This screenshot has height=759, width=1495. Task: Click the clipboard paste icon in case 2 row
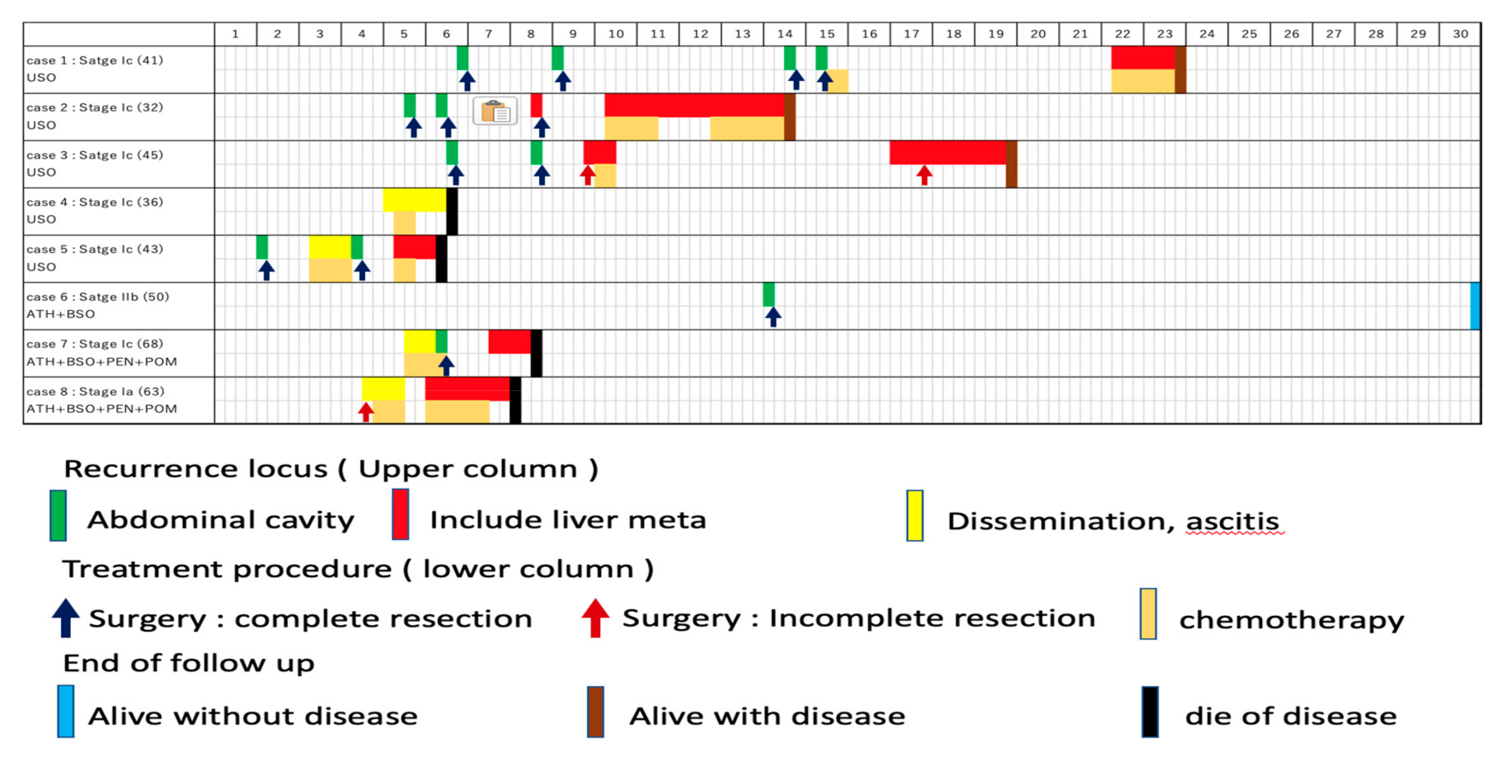tap(495, 111)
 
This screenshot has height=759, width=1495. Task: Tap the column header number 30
tap(1460, 34)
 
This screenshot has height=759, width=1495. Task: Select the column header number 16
tap(869, 34)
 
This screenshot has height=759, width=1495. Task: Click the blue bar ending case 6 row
tap(1475, 306)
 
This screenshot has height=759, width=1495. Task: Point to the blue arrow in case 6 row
tap(773, 317)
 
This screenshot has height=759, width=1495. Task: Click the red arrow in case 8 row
tap(365, 411)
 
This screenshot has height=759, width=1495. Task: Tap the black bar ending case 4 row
tap(451, 211)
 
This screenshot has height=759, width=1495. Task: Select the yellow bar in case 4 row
tap(414, 200)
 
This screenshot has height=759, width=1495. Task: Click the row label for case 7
tap(102, 352)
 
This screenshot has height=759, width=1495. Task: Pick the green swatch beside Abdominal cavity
tap(58, 515)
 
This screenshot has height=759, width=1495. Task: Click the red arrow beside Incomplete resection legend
tap(595, 618)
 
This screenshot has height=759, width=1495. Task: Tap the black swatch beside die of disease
tap(1150, 712)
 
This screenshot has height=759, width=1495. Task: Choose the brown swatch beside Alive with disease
tap(595, 712)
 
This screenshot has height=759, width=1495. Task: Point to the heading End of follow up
tap(188, 663)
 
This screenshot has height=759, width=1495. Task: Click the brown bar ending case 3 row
tap(1011, 164)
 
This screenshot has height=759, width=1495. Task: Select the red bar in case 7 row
tap(510, 341)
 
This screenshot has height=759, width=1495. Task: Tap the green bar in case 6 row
tap(769, 294)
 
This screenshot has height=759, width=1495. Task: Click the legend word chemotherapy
tap(1291, 620)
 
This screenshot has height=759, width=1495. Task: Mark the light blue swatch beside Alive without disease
tap(66, 711)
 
